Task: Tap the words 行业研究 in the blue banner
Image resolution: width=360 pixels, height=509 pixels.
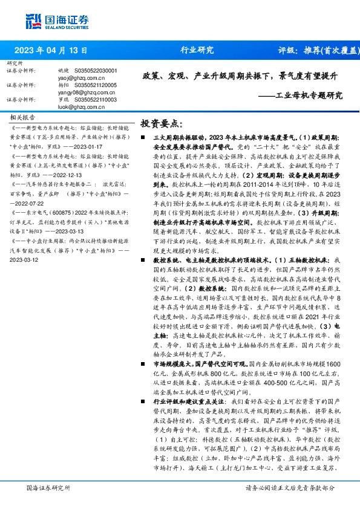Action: [197, 50]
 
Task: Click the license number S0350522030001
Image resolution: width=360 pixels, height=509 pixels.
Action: [97, 71]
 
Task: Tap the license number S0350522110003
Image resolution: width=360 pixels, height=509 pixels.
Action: [97, 100]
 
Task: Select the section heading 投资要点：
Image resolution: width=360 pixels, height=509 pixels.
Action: [161, 123]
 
